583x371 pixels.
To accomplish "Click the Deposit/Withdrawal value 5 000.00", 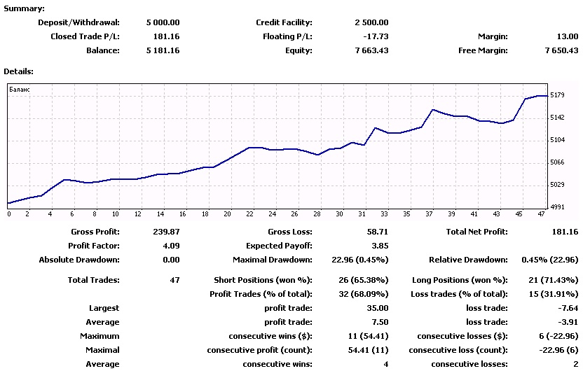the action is click(163, 22).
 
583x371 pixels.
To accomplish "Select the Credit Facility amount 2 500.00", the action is click(371, 22).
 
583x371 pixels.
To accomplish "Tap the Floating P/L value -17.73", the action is click(376, 37).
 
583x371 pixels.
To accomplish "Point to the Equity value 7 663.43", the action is click(371, 50).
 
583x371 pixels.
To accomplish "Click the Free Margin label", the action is click(483, 50).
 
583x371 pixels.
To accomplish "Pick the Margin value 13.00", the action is click(568, 37).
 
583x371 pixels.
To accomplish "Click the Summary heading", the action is click(24, 8).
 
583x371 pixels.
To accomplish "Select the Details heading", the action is click(19, 71).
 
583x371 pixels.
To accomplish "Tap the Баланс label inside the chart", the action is click(20, 90).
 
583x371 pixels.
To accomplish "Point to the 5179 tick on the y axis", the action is click(557, 95).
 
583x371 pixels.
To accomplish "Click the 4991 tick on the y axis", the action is click(557, 207).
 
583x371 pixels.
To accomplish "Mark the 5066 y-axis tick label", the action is click(557, 162).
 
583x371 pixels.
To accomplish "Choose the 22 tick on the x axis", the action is click(249, 214).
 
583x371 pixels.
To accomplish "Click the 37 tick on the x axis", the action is click(429, 214).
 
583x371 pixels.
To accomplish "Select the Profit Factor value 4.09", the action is click(171, 246).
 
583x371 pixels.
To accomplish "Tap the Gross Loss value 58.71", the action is click(378, 232).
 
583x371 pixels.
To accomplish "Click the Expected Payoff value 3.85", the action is click(380, 246).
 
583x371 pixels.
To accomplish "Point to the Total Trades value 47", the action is click(174, 281).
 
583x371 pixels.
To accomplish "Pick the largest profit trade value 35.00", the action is click(378, 308).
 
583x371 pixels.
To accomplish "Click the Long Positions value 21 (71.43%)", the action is click(554, 281).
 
